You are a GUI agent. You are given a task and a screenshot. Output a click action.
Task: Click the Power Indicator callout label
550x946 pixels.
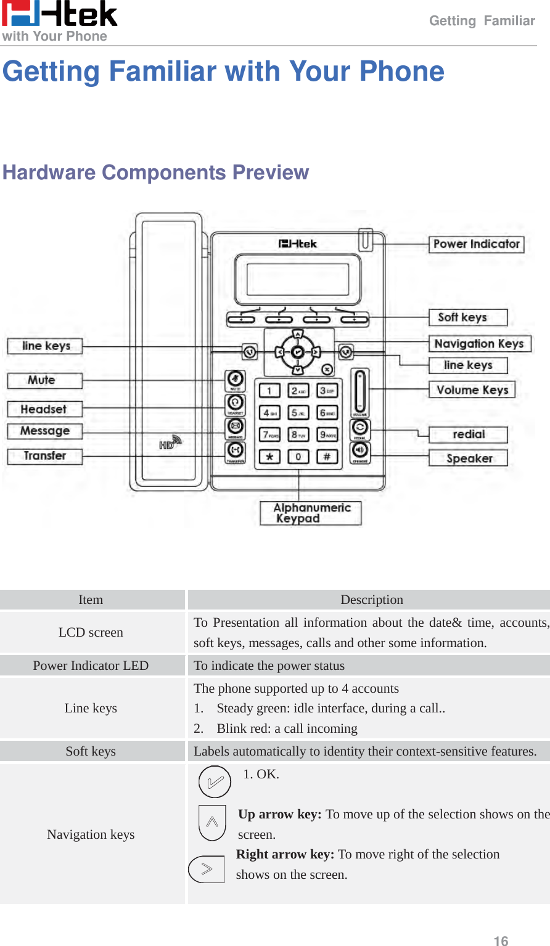[x=476, y=244]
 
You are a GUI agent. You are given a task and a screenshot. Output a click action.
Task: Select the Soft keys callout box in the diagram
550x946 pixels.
[x=467, y=317]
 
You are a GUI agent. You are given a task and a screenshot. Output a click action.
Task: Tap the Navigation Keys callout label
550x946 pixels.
[x=479, y=343]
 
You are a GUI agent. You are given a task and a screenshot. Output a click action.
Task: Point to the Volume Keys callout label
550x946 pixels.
[x=472, y=389]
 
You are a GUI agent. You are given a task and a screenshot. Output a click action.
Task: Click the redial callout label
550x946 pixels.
[x=468, y=434]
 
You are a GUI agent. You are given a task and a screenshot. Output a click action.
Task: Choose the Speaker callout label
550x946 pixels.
[x=468, y=458]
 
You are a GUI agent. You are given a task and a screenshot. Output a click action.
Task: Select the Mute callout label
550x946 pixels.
[x=44, y=380]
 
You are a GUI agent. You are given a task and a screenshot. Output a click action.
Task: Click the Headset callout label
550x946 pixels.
[x=44, y=409]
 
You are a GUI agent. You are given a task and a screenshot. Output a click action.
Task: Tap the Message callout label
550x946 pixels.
[x=44, y=431]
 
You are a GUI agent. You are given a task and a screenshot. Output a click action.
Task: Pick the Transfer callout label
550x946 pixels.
[x=44, y=456]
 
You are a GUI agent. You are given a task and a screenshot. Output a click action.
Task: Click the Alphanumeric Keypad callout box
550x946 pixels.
[x=310, y=513]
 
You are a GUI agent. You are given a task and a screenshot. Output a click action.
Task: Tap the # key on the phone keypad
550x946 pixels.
[x=327, y=457]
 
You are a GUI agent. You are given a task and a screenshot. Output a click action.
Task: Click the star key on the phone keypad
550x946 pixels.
[x=269, y=457]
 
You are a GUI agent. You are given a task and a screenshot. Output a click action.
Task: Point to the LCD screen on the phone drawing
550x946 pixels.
[x=298, y=279]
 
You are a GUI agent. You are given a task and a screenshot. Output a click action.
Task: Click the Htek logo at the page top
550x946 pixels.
[x=59, y=14]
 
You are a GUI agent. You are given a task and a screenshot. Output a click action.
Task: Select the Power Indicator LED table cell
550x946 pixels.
[x=91, y=666]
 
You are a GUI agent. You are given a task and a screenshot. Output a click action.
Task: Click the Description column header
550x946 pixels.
[x=371, y=600]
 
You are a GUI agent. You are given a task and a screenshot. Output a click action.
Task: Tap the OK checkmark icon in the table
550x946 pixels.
[x=215, y=782]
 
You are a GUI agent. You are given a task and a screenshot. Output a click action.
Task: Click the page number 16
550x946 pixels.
[x=501, y=940]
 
